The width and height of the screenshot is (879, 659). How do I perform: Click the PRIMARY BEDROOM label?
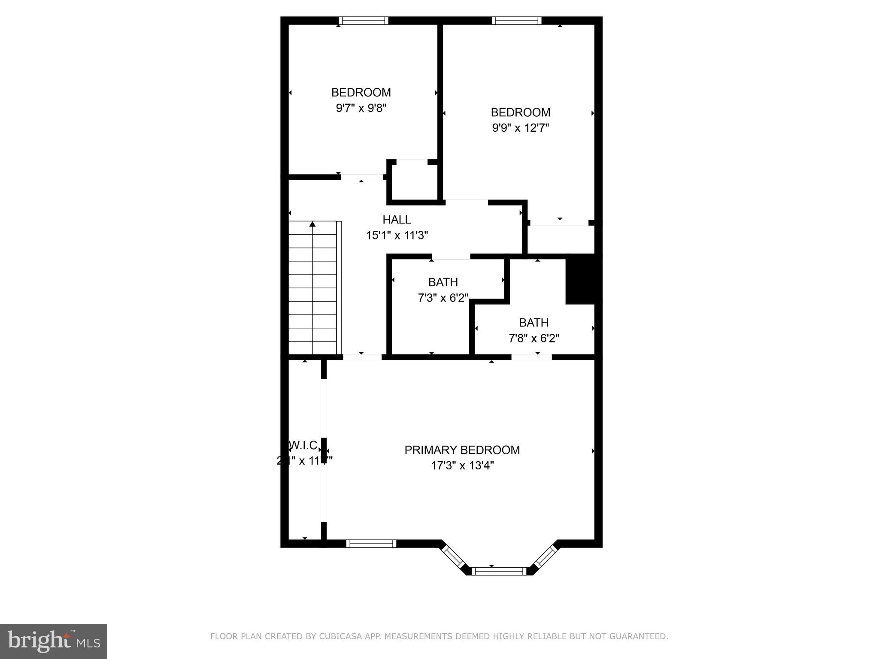tap(462, 450)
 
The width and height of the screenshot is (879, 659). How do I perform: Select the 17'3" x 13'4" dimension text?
tap(462, 466)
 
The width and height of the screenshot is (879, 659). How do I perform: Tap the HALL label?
tap(397, 220)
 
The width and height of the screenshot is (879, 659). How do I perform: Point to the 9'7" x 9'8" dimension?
tap(361, 108)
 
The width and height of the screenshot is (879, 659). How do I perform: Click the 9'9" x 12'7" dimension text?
tap(520, 128)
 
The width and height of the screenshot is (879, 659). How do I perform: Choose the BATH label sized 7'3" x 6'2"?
tap(443, 282)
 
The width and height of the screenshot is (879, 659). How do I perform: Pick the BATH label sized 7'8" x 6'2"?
tap(533, 323)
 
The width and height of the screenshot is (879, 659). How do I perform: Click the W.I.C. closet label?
tap(304, 445)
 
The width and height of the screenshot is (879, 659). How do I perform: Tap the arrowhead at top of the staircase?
tap(312, 224)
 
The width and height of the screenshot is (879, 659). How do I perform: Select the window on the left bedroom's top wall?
tap(363, 21)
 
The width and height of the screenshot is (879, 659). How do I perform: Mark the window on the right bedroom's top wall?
tap(516, 21)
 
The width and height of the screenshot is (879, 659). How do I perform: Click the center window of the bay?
tap(499, 571)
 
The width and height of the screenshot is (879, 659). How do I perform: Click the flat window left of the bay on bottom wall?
tap(371, 544)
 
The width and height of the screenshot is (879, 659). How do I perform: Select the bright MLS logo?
tap(53, 641)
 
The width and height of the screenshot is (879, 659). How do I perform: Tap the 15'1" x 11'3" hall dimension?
tap(397, 236)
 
